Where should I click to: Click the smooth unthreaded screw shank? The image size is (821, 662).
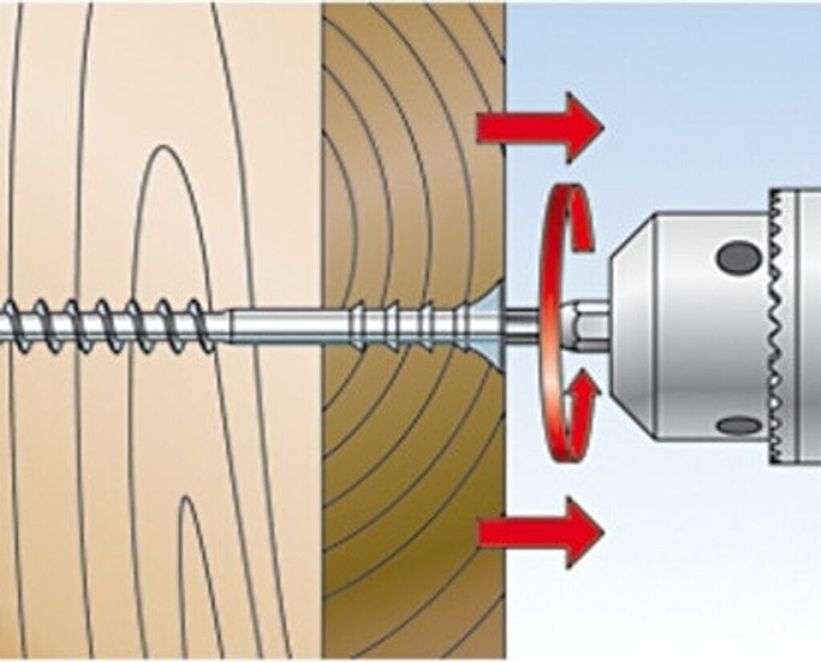click(289, 325)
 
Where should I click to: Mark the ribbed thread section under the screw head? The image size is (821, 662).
click(401, 325)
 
